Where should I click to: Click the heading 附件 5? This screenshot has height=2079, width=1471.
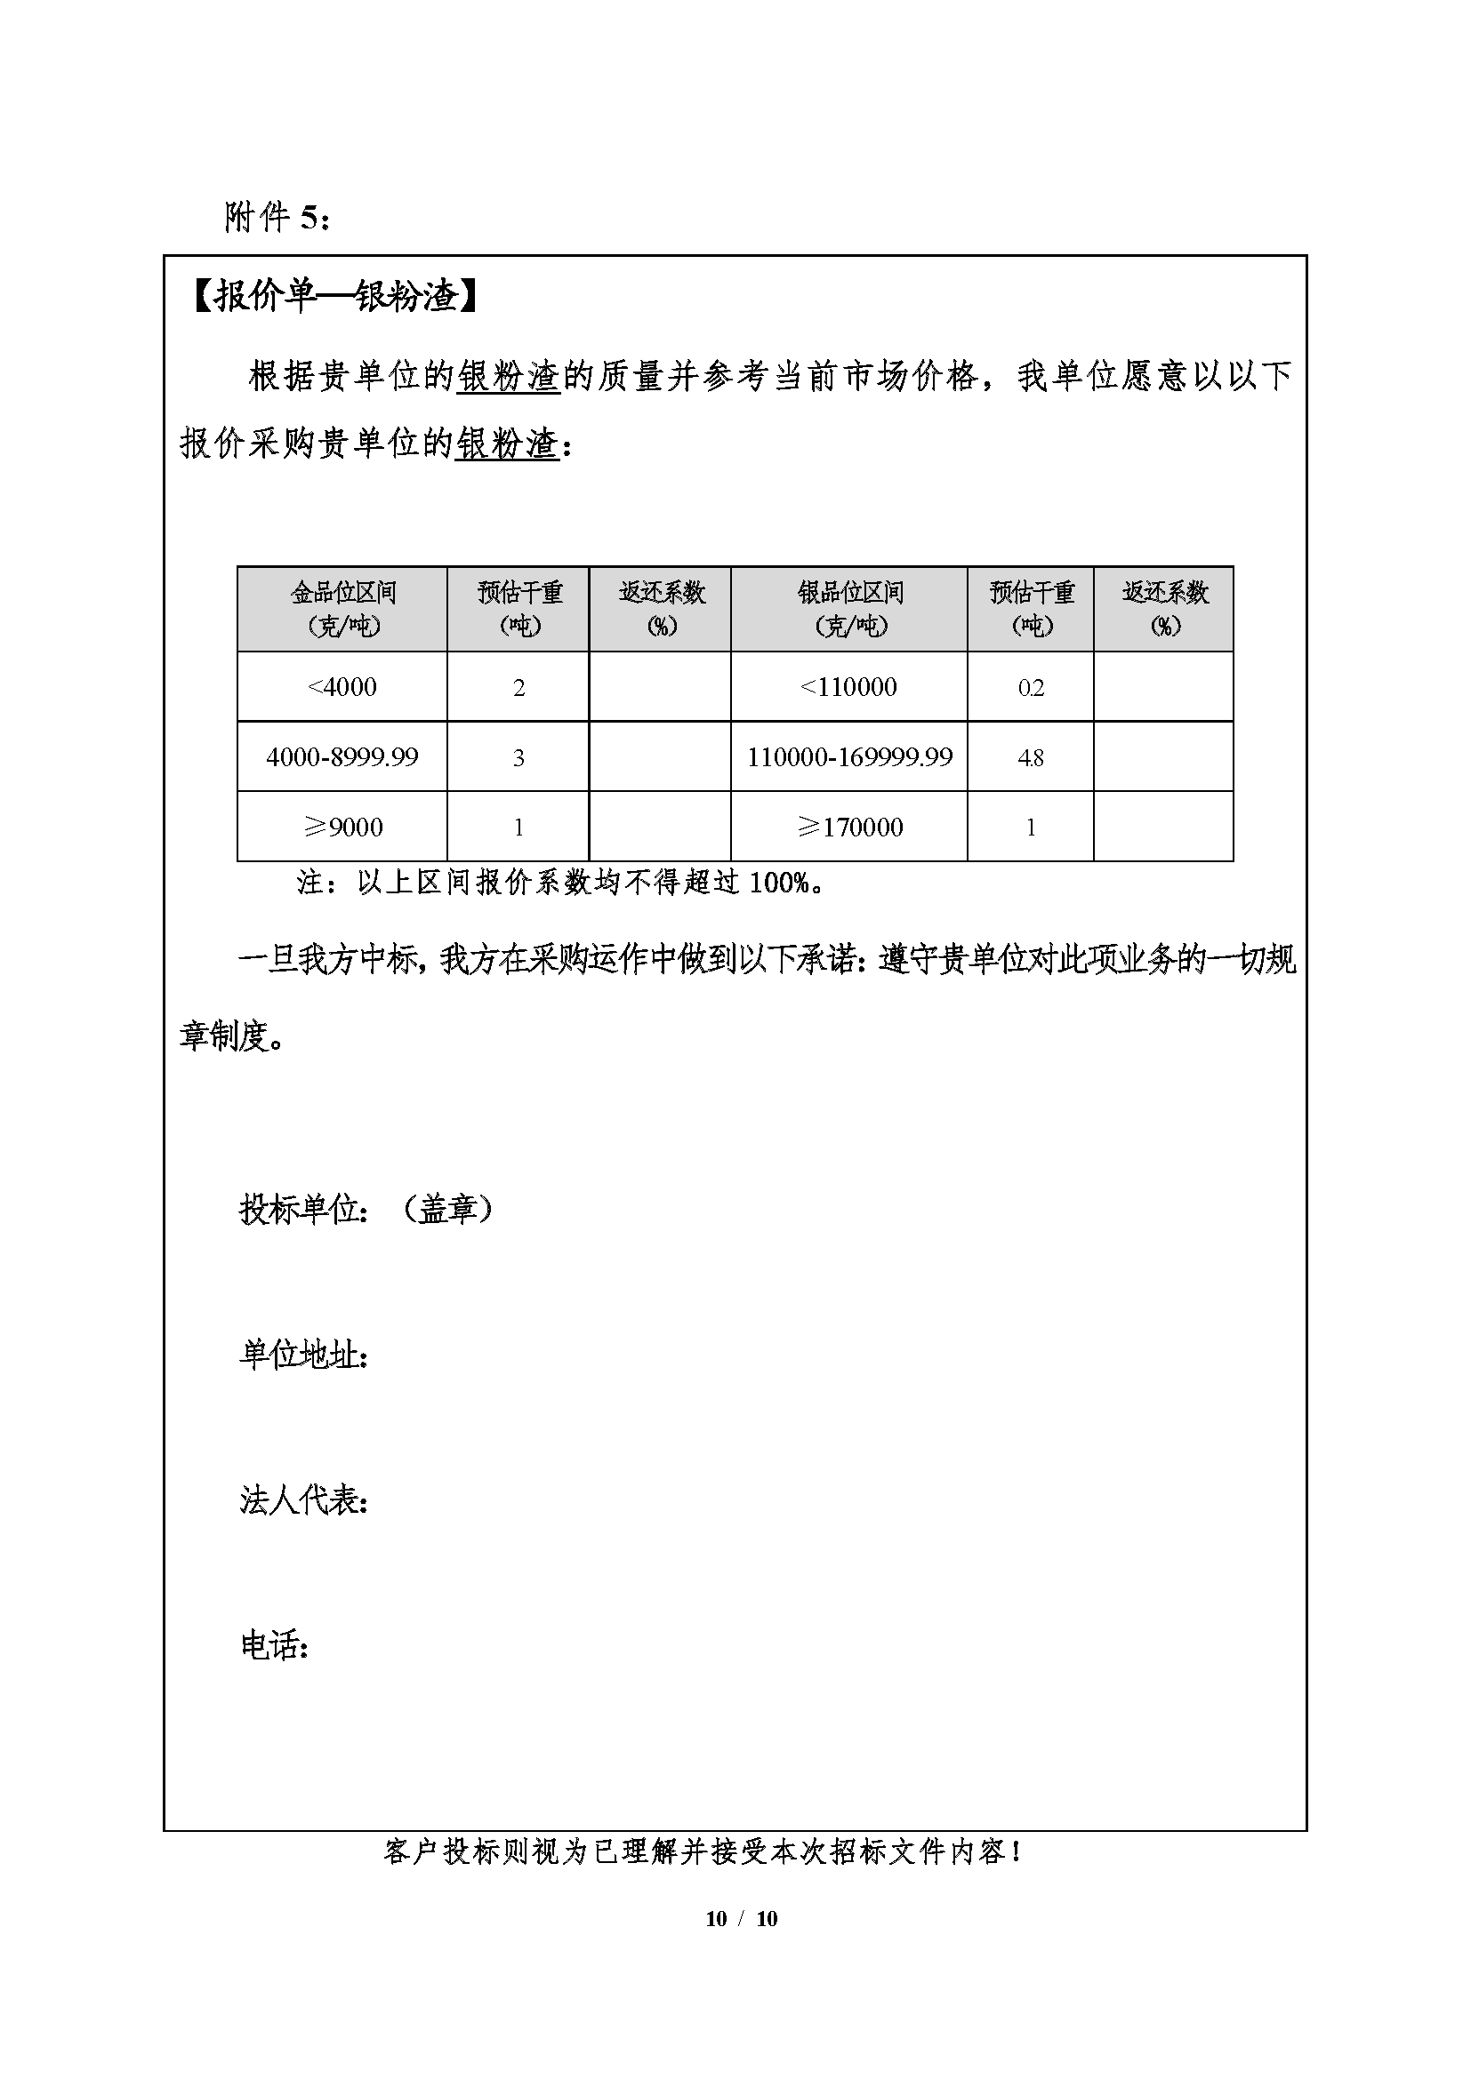277,217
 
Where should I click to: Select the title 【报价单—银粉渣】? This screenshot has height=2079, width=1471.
334,296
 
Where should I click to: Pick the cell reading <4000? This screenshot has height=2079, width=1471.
342,687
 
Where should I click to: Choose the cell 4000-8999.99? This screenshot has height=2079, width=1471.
342,757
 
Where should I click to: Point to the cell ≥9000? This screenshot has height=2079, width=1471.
342,827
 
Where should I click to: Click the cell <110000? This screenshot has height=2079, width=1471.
848,687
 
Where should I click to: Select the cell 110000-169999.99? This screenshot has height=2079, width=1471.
849,757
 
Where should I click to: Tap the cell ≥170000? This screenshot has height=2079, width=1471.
849,827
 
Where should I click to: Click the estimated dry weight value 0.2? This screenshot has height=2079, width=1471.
1031,688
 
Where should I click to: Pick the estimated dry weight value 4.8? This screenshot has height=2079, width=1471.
1031,758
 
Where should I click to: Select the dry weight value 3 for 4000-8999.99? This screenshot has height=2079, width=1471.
518,758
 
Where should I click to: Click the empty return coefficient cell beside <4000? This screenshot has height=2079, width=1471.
659,687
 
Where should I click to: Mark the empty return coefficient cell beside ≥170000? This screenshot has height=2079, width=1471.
1164,827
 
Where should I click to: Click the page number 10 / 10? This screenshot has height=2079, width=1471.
741,1919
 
